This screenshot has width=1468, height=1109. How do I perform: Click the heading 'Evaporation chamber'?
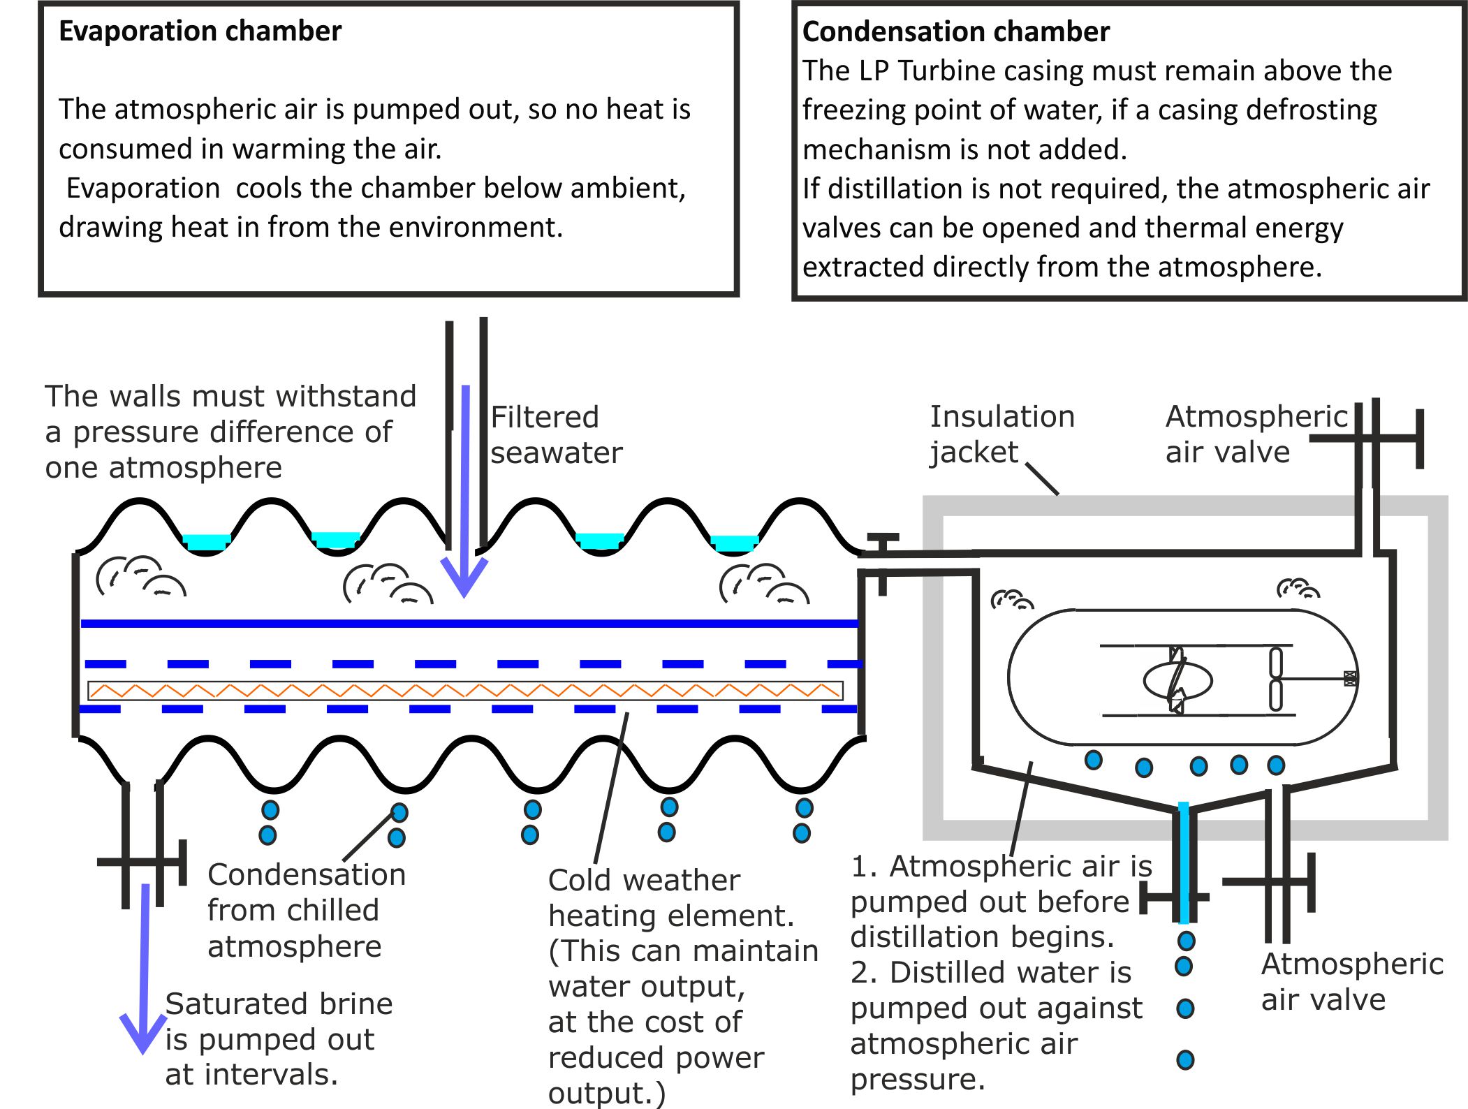click(200, 31)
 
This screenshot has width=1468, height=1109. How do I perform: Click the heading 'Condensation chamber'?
click(955, 32)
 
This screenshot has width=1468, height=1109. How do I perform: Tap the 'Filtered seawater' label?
click(556, 435)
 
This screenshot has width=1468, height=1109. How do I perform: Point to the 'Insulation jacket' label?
click(1001, 434)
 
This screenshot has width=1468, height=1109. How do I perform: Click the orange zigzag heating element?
click(465, 691)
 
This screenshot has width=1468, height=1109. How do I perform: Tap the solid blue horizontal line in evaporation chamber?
click(469, 624)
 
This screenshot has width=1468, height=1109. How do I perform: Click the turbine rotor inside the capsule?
click(1177, 680)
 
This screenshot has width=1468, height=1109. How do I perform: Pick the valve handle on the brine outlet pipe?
click(142, 862)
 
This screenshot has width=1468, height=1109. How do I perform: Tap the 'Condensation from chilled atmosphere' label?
click(307, 911)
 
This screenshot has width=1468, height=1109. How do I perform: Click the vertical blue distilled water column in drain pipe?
click(1184, 863)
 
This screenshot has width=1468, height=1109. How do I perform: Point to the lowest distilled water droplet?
click(1185, 1060)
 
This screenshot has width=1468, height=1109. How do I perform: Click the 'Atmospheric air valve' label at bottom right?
click(1352, 982)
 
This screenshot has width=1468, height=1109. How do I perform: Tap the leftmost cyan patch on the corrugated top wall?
click(207, 542)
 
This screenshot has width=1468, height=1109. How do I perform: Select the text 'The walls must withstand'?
click(230, 396)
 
